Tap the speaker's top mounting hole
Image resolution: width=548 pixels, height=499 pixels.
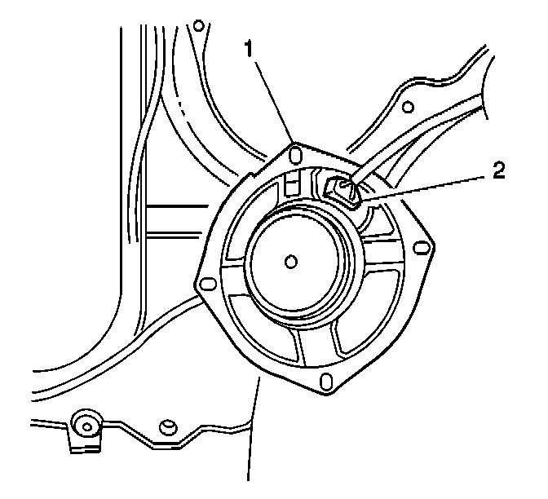click(x=295, y=155)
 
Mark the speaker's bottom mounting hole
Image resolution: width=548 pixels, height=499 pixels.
click(x=326, y=381)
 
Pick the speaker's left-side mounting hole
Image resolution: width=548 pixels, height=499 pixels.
click(x=207, y=283)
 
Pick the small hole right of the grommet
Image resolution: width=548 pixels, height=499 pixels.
click(x=168, y=426)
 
